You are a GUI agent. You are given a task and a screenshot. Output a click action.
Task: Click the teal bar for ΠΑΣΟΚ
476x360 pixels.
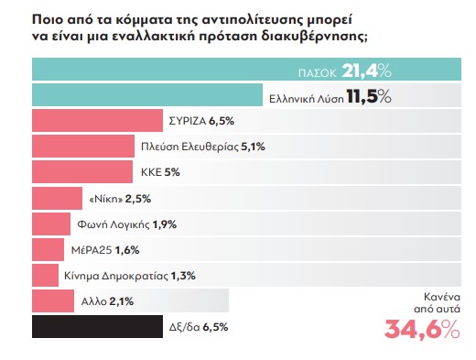(x=183, y=70)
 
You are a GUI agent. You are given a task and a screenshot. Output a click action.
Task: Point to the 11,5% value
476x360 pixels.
(x=367, y=95)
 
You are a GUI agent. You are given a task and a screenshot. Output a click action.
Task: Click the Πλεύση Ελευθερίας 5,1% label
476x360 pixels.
(x=210, y=147)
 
